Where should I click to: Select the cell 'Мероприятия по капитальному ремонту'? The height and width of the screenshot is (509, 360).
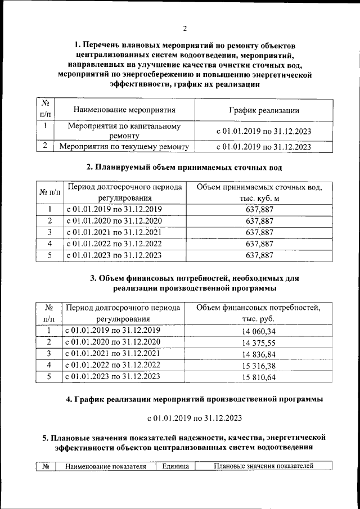tap(124, 131)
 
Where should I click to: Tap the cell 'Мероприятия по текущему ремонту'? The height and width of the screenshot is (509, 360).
tap(124, 147)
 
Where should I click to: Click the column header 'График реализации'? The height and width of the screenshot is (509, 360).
tap(263, 110)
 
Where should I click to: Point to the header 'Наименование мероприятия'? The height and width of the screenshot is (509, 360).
tap(124, 110)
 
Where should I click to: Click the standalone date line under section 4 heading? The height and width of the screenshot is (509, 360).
tap(195, 418)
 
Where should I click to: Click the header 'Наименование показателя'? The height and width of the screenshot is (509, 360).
tap(105, 466)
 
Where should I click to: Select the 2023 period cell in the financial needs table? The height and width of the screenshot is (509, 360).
tap(114, 377)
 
